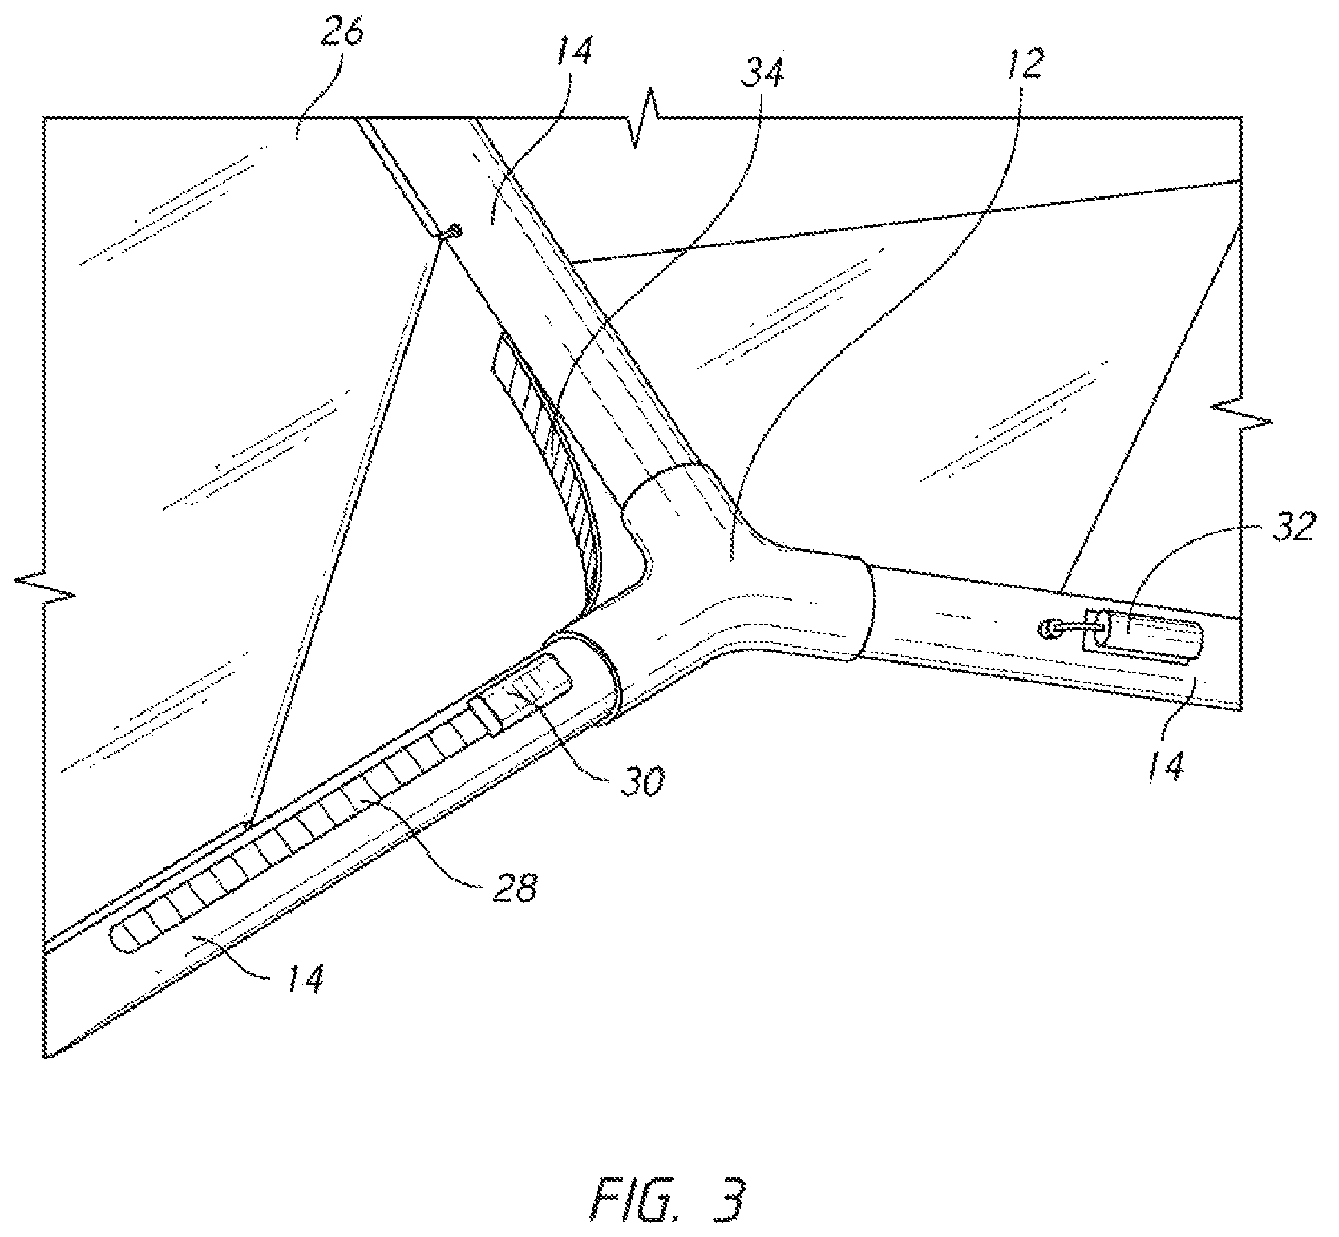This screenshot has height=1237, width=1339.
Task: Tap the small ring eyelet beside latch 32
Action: [x=1049, y=628]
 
